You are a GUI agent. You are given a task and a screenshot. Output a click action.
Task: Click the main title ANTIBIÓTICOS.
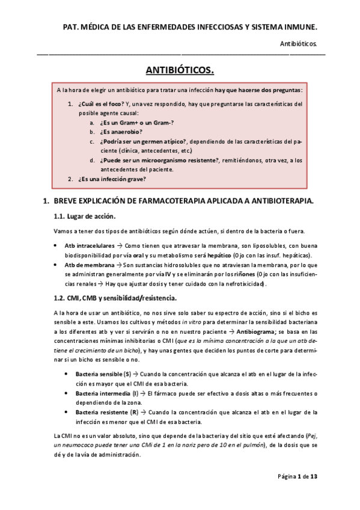180,70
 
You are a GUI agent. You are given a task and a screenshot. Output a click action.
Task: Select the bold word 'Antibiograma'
258,331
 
